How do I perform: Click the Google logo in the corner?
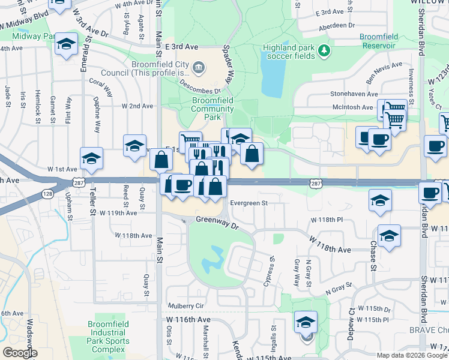point(19,352)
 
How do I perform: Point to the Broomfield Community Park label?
point(212,109)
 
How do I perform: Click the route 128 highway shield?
point(47,194)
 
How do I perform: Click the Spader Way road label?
point(228,65)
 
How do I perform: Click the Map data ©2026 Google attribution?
point(411,355)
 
